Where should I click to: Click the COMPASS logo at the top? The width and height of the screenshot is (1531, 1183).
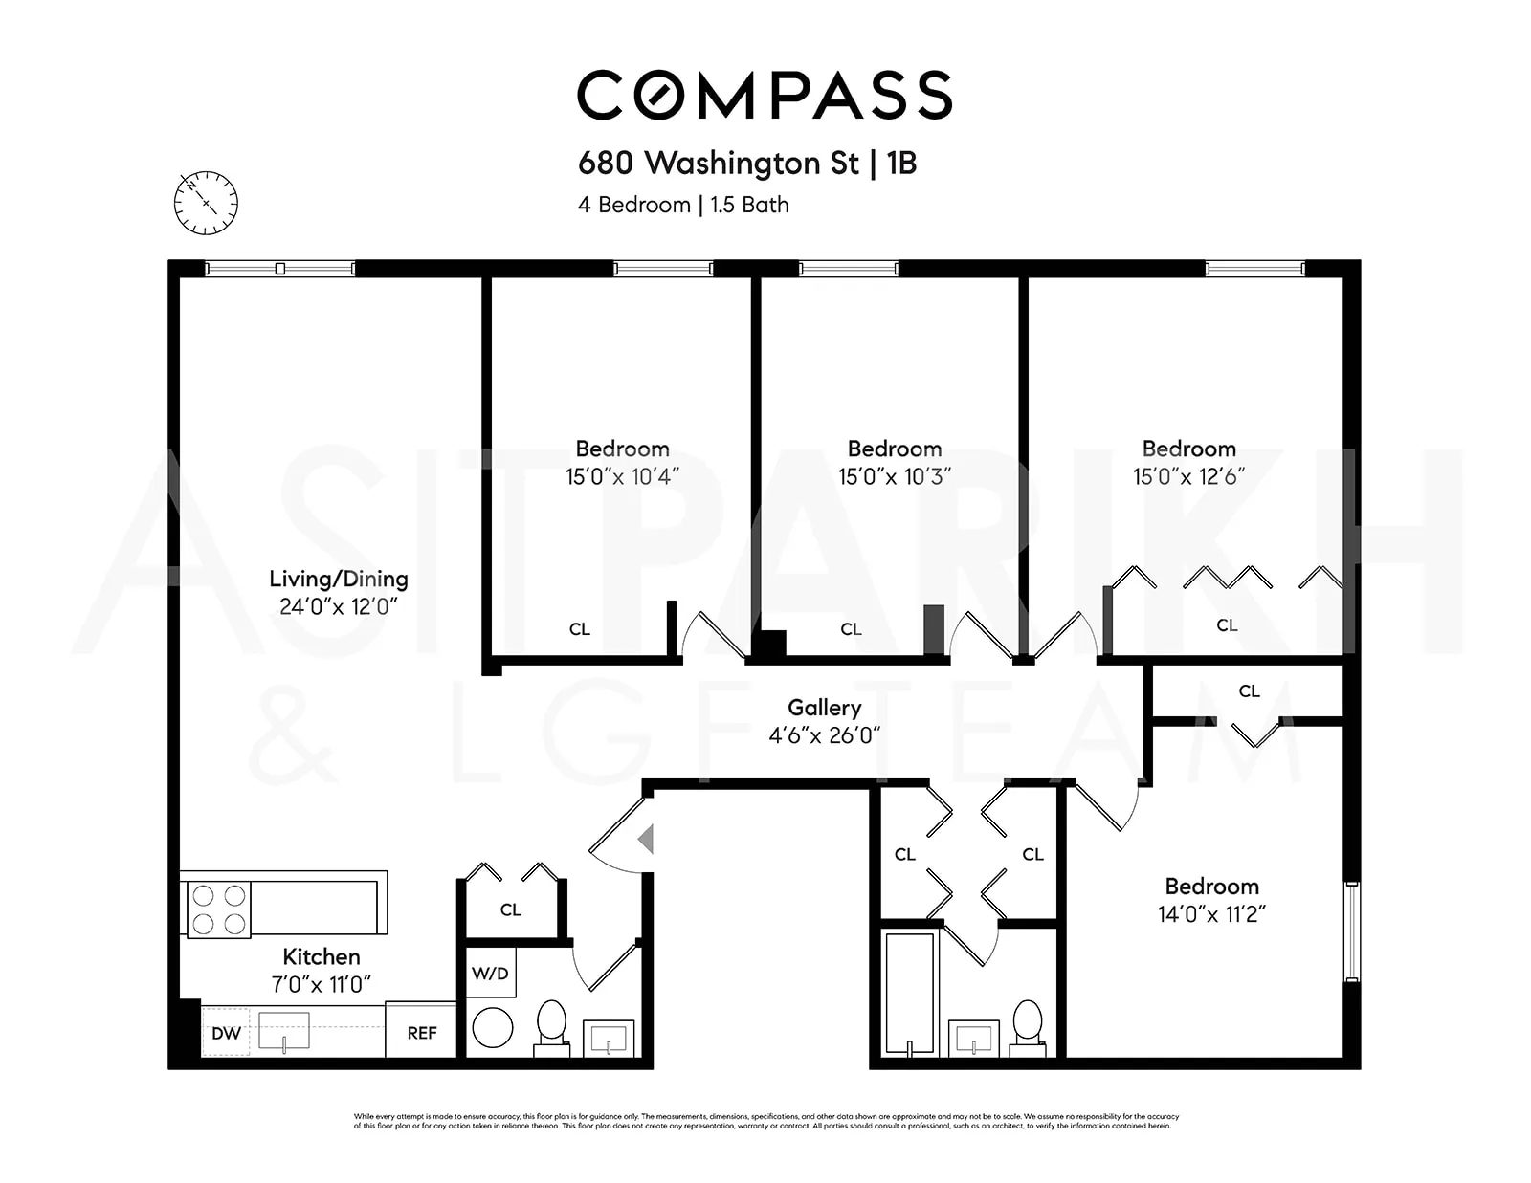click(x=765, y=95)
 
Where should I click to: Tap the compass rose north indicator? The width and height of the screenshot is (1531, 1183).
click(x=206, y=203)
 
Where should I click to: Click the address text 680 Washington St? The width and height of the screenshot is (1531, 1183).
click(x=719, y=164)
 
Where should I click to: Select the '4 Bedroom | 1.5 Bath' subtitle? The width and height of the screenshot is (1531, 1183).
click(x=683, y=205)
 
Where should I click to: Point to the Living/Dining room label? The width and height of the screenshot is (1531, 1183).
click(x=338, y=579)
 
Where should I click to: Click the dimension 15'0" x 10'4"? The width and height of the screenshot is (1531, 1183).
click(x=622, y=476)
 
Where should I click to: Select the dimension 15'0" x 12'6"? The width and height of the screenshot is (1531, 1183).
click(x=1188, y=476)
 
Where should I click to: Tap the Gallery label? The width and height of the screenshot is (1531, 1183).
click(x=824, y=708)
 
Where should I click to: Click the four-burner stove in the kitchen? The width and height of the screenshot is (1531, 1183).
click(x=218, y=909)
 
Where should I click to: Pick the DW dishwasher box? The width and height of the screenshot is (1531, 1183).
click(x=226, y=1033)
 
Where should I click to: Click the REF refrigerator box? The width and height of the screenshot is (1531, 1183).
click(x=421, y=1033)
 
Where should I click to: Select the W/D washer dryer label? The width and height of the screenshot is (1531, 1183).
click(x=490, y=974)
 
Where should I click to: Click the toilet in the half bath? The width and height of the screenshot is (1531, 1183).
click(x=551, y=1025)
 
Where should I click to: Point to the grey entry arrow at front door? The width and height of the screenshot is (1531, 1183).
click(x=647, y=840)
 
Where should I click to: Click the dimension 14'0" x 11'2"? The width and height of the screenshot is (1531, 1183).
click(x=1211, y=914)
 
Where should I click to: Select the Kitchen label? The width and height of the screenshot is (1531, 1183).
click(x=322, y=956)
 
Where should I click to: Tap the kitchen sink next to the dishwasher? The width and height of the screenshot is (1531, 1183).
click(x=284, y=1031)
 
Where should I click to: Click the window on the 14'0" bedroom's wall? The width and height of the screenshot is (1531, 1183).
click(x=1351, y=931)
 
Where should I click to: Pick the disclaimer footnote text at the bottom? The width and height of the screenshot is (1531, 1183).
click(x=765, y=1121)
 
